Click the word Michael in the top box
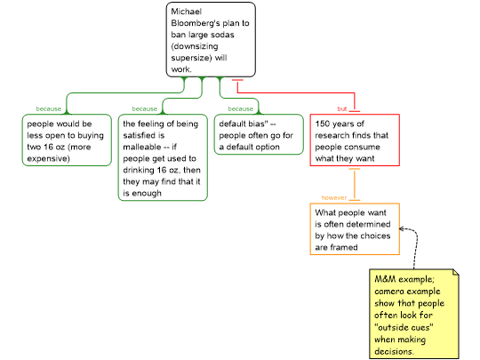point(186,12)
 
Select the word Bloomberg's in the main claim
point(196,23)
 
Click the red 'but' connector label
point(341,108)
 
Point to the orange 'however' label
point(333,197)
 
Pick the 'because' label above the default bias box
point(240,108)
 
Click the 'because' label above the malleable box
point(145,108)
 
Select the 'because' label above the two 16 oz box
point(48,108)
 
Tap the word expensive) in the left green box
point(48,158)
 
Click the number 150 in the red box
point(323,124)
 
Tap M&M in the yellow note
point(385,279)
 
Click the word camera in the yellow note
point(387,292)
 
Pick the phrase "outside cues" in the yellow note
point(404,327)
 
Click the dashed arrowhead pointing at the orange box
point(402,228)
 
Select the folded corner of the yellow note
point(456,272)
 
